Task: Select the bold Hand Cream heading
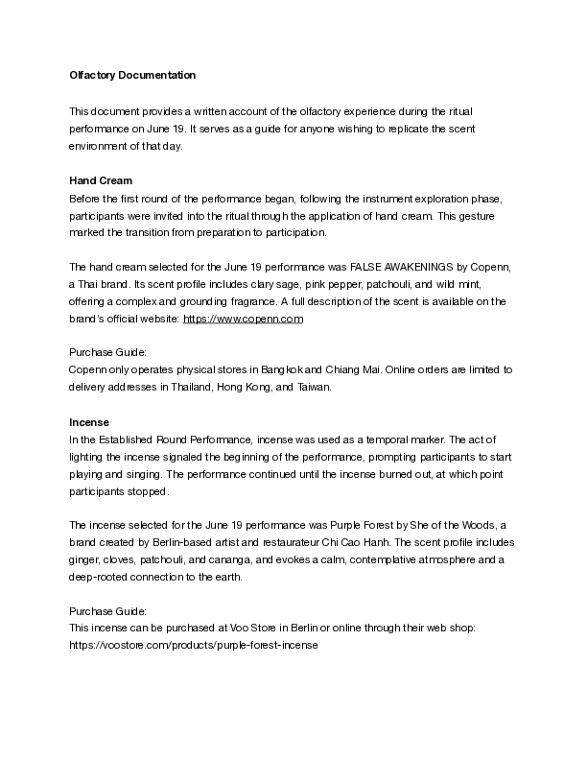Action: click(x=101, y=180)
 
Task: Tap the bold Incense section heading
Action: click(x=89, y=422)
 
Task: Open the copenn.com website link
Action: click(x=243, y=319)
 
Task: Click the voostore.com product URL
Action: click(x=193, y=646)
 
